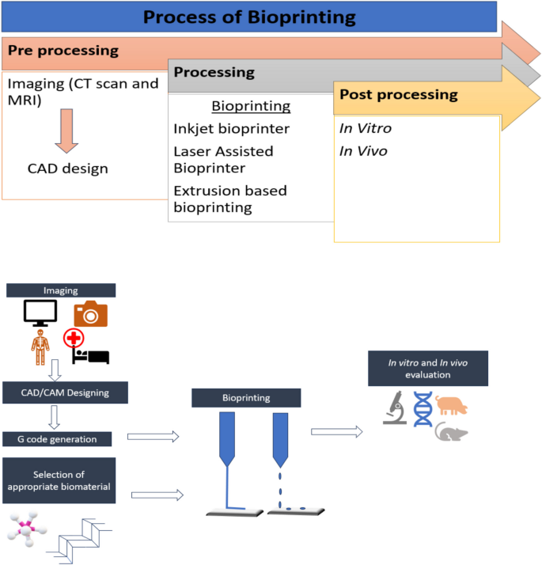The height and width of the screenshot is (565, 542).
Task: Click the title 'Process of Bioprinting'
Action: (249, 17)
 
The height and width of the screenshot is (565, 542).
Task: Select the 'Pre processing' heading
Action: (63, 51)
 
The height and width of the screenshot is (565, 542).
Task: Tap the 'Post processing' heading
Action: (399, 94)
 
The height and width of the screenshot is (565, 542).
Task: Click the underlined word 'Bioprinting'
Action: (251, 106)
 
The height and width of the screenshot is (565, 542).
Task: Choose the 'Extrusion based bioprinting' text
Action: (229, 199)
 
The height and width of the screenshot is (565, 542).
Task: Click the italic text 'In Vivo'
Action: (363, 150)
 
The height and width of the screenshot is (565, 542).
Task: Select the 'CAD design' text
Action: (67, 169)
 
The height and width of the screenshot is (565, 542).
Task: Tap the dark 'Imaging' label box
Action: (62, 290)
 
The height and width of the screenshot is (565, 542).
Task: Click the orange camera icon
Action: (90, 314)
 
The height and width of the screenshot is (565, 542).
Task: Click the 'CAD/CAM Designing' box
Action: (65, 391)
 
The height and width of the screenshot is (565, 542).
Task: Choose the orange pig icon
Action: (451, 405)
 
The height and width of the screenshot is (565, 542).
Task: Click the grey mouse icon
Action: (451, 432)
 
